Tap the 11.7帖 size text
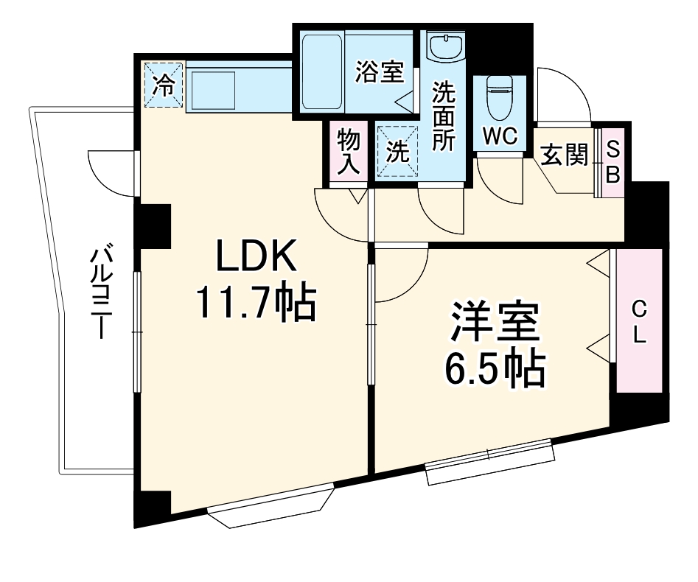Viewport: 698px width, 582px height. click(x=255, y=303)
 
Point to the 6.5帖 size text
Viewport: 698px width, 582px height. click(x=495, y=370)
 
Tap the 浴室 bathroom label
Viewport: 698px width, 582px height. click(x=380, y=72)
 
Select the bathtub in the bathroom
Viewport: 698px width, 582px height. click(x=321, y=71)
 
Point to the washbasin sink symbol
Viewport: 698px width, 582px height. click(x=445, y=48)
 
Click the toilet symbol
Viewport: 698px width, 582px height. click(x=499, y=97)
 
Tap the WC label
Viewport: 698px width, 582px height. click(x=501, y=135)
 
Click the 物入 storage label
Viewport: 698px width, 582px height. click(x=348, y=151)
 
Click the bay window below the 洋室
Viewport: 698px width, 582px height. click(x=489, y=461)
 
